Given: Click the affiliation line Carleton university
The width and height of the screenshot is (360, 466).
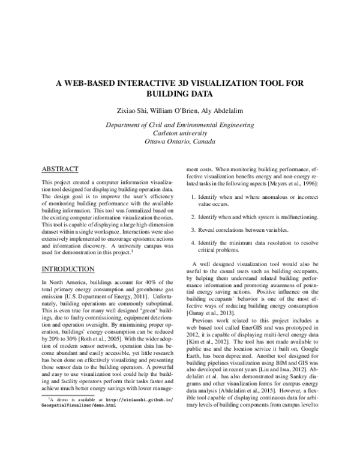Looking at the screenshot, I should (179, 133).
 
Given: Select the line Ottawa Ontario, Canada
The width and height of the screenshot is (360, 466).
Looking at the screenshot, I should (179, 142).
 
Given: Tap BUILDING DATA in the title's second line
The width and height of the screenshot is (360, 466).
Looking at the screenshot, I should (179, 95).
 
